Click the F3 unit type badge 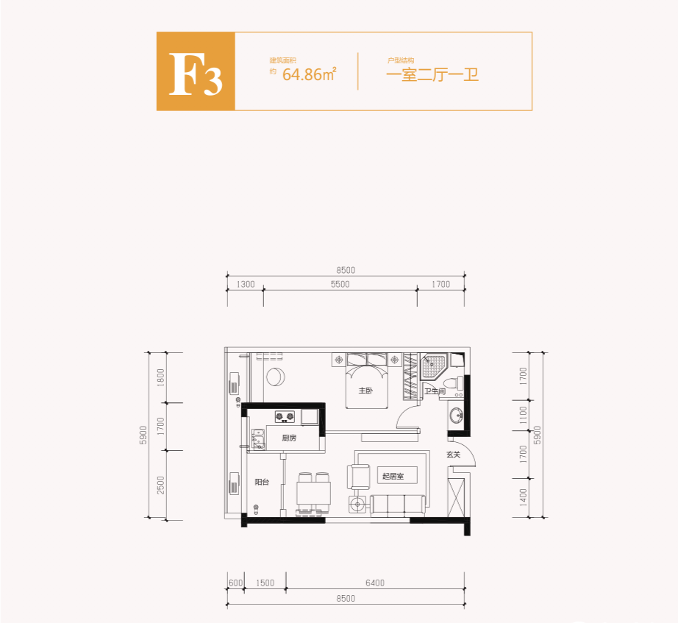tap(196, 72)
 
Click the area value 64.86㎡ tap(309, 74)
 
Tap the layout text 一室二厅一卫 tap(432, 74)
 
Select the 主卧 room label tap(365, 391)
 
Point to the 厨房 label tap(289, 438)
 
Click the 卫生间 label tap(435, 391)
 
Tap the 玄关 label tap(453, 455)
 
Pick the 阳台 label tap(262, 483)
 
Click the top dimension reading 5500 tap(340, 285)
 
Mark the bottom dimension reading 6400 tap(374, 583)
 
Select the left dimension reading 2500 tap(161, 485)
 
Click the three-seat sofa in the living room tap(399, 504)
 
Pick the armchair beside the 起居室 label tap(360, 476)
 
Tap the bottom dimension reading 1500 tap(265, 583)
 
